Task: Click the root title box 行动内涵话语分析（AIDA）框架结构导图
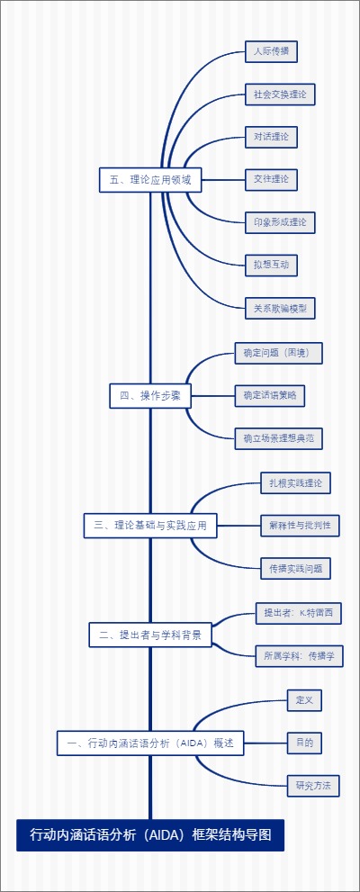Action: (150, 835)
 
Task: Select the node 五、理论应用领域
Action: (150, 180)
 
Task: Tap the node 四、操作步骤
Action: (150, 395)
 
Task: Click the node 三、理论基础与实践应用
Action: (150, 526)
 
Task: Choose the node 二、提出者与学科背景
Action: (150, 635)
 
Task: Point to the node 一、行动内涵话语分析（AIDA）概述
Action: (150, 743)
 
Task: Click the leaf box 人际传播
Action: (271, 51)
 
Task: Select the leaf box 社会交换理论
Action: (280, 94)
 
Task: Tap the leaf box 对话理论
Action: (271, 137)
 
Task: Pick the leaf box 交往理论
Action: (271, 179)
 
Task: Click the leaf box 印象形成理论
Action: (280, 221)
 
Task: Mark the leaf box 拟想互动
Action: (271, 265)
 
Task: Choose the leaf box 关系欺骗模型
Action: (280, 308)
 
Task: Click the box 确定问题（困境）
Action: (278, 353)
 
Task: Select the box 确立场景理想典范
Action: (278, 438)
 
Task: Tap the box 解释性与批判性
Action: (295, 525)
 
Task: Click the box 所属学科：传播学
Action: (299, 656)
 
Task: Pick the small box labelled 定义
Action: (304, 699)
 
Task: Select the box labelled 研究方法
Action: (313, 786)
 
